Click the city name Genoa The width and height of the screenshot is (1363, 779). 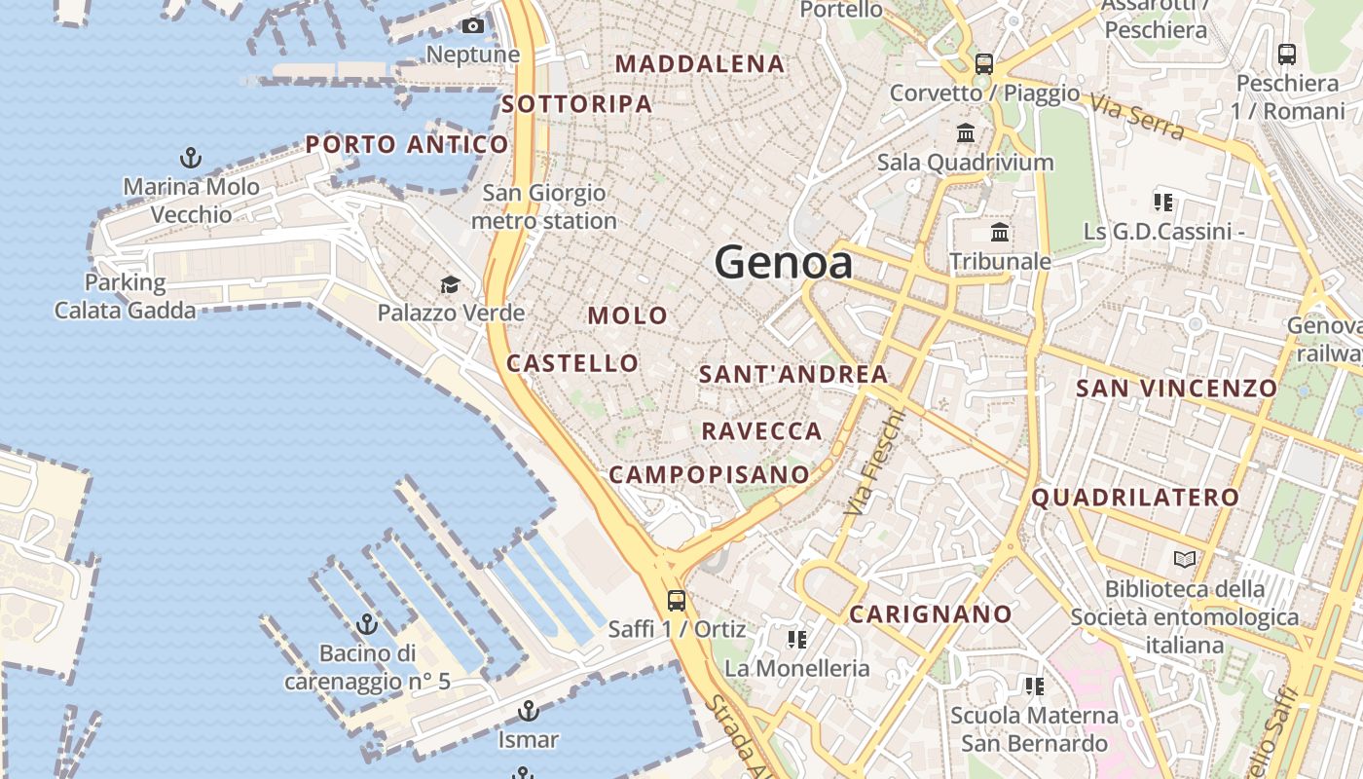(x=784, y=263)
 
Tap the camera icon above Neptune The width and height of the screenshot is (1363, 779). (x=473, y=26)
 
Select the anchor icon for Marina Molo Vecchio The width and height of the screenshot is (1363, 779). (x=191, y=157)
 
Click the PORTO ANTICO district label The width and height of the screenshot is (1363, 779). (x=407, y=145)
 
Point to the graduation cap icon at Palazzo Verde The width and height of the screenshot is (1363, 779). (x=450, y=284)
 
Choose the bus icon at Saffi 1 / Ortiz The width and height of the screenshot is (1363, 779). (x=677, y=600)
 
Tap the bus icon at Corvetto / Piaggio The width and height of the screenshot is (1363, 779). (x=984, y=64)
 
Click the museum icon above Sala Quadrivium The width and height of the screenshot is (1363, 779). (x=966, y=132)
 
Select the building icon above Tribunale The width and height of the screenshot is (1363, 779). (x=1000, y=233)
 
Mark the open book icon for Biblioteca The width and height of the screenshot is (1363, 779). (x=1185, y=559)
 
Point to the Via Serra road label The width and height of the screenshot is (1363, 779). (x=1136, y=117)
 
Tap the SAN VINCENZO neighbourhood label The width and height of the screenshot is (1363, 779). (x=1176, y=389)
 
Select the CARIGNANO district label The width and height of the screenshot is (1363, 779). (x=931, y=614)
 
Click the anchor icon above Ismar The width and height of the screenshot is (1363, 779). (x=529, y=711)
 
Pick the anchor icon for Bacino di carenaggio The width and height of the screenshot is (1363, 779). (x=367, y=624)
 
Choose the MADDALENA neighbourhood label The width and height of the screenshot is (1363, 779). (x=700, y=64)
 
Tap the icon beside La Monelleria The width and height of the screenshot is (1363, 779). (x=797, y=640)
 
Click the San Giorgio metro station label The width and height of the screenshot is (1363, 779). (x=544, y=206)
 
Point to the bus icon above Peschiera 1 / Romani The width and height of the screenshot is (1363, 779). (x=1287, y=55)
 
